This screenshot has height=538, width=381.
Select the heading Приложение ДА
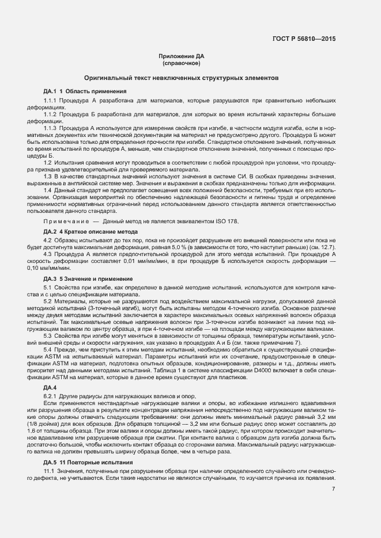(182, 56)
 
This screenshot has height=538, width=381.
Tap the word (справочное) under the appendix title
(182, 63)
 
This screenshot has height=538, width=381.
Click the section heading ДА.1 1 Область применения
(85, 91)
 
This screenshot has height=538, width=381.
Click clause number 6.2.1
(51, 397)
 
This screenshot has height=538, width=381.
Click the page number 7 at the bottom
(334, 490)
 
